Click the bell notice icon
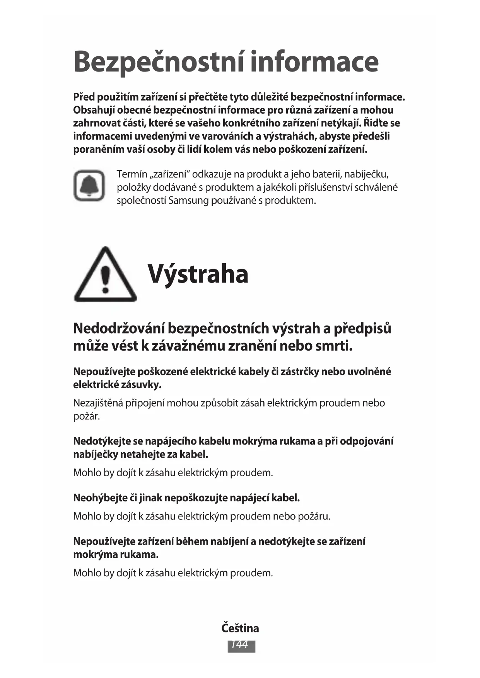point(89,186)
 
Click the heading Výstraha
point(198,274)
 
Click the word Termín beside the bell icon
point(132,174)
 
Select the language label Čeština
point(240,628)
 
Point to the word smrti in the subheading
point(334,346)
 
